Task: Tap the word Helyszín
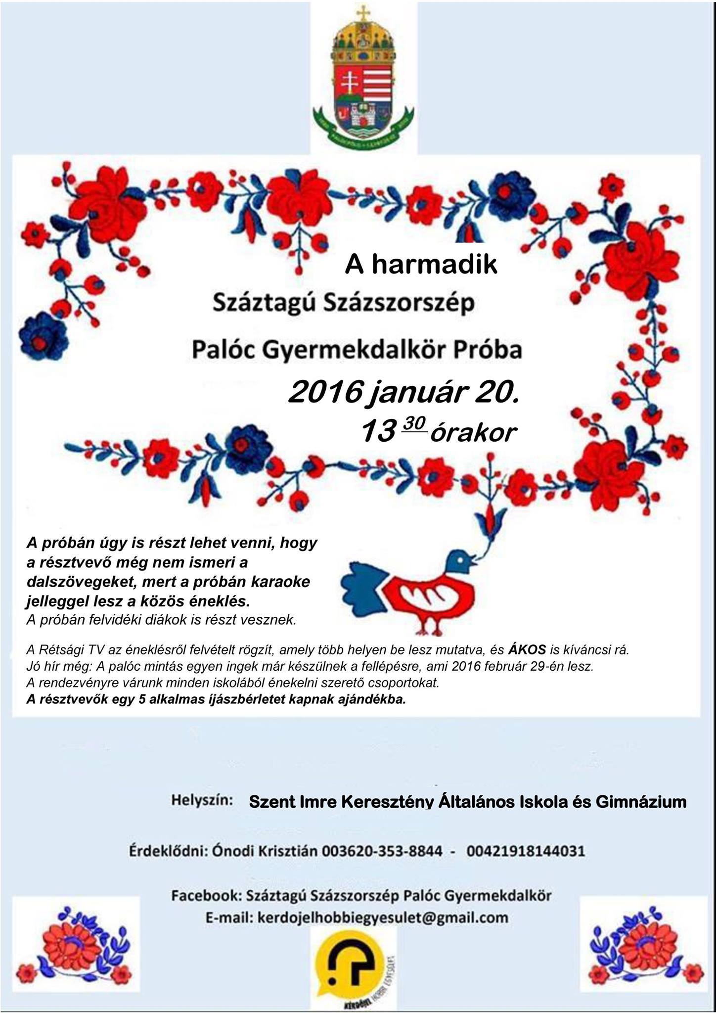(202, 800)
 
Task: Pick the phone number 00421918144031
(525, 851)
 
